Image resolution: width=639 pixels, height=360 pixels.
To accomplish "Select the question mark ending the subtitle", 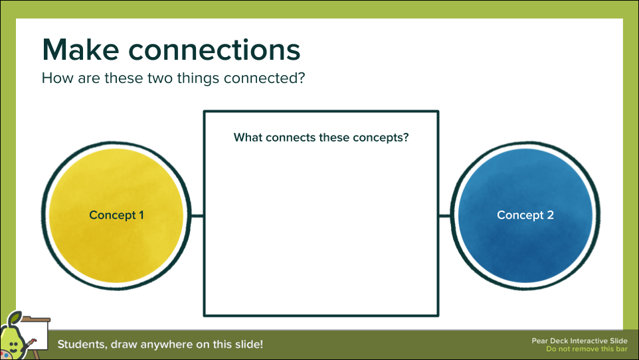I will pyautogui.click(x=301, y=78).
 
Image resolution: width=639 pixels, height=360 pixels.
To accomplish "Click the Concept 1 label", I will pyautogui.click(x=116, y=215).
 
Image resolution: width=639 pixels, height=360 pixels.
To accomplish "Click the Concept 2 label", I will pyautogui.click(x=525, y=215).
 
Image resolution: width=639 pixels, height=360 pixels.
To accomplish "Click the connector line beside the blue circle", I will pyautogui.click(x=445, y=216).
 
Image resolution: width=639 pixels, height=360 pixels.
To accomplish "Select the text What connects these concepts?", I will pyautogui.click(x=321, y=138).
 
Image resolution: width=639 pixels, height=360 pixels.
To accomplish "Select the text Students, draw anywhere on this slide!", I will pyautogui.click(x=160, y=345).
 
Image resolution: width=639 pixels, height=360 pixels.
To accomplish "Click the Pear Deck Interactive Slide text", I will pyautogui.click(x=579, y=341).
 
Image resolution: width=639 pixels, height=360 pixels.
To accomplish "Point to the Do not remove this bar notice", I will pyautogui.click(x=587, y=349).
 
